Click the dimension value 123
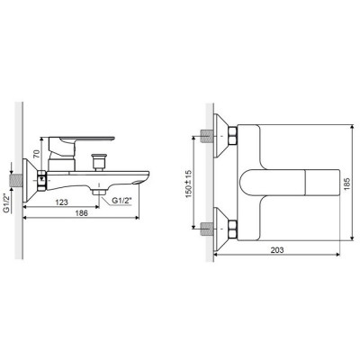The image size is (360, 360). click(x=62, y=202)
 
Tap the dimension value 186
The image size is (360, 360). click(x=81, y=213)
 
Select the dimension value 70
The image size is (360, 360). click(x=36, y=154)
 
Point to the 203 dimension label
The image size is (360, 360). click(x=277, y=249)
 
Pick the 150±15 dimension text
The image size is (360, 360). click(x=189, y=184)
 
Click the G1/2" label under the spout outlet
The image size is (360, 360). click(x=121, y=201)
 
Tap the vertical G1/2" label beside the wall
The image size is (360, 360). click(x=6, y=202)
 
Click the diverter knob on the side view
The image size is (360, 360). click(x=99, y=162)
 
